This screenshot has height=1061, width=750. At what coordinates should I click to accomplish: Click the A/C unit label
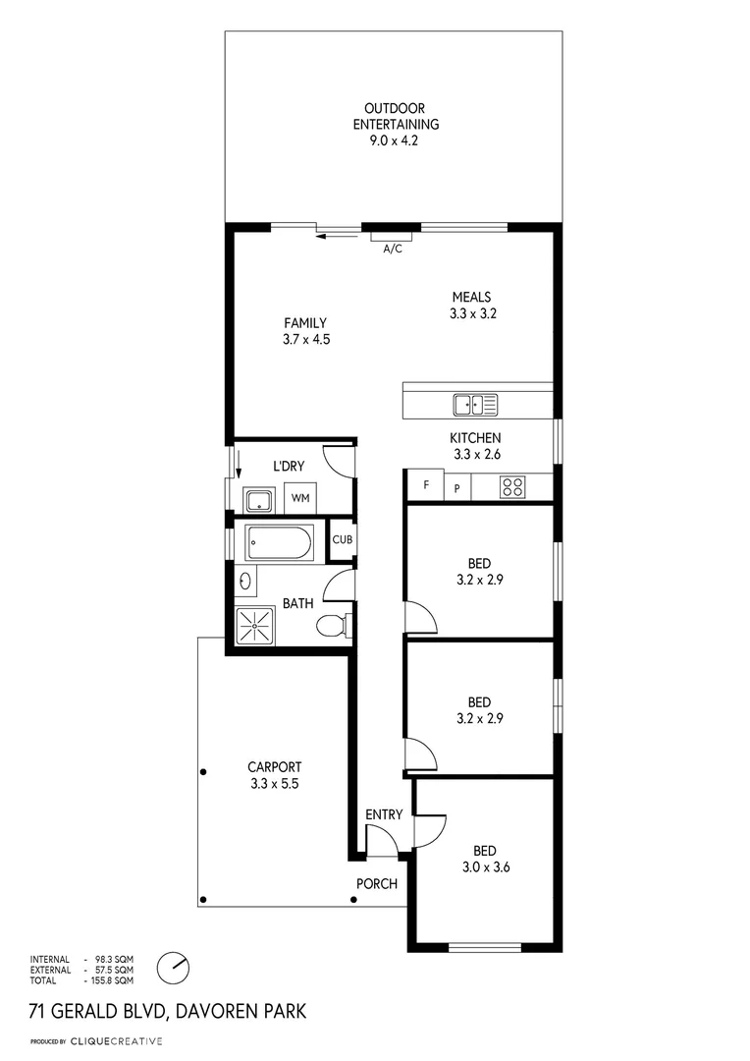pos(392,249)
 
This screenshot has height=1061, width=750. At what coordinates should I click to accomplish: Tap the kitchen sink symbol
pos(475,403)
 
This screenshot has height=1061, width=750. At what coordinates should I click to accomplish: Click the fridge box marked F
pos(425,485)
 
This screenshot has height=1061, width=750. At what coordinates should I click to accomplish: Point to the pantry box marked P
pos(456,487)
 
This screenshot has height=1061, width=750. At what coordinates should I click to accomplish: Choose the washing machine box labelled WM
pos(300,498)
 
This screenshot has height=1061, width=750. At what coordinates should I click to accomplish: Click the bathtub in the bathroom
pos(280,541)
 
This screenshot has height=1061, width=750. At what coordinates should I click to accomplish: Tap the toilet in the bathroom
pos(331,625)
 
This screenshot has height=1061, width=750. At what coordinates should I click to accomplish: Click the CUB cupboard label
pos(342,539)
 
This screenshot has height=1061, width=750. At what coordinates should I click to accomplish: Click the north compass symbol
pos(173,967)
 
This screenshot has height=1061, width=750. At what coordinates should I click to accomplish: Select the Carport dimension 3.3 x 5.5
pos(274,784)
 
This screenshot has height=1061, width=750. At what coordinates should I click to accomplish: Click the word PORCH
pos(376,884)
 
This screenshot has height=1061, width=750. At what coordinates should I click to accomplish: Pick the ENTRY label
pos(384,814)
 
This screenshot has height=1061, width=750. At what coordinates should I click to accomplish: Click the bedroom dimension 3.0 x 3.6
pos(486,866)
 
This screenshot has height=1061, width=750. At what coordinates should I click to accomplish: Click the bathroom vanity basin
pos(243,581)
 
